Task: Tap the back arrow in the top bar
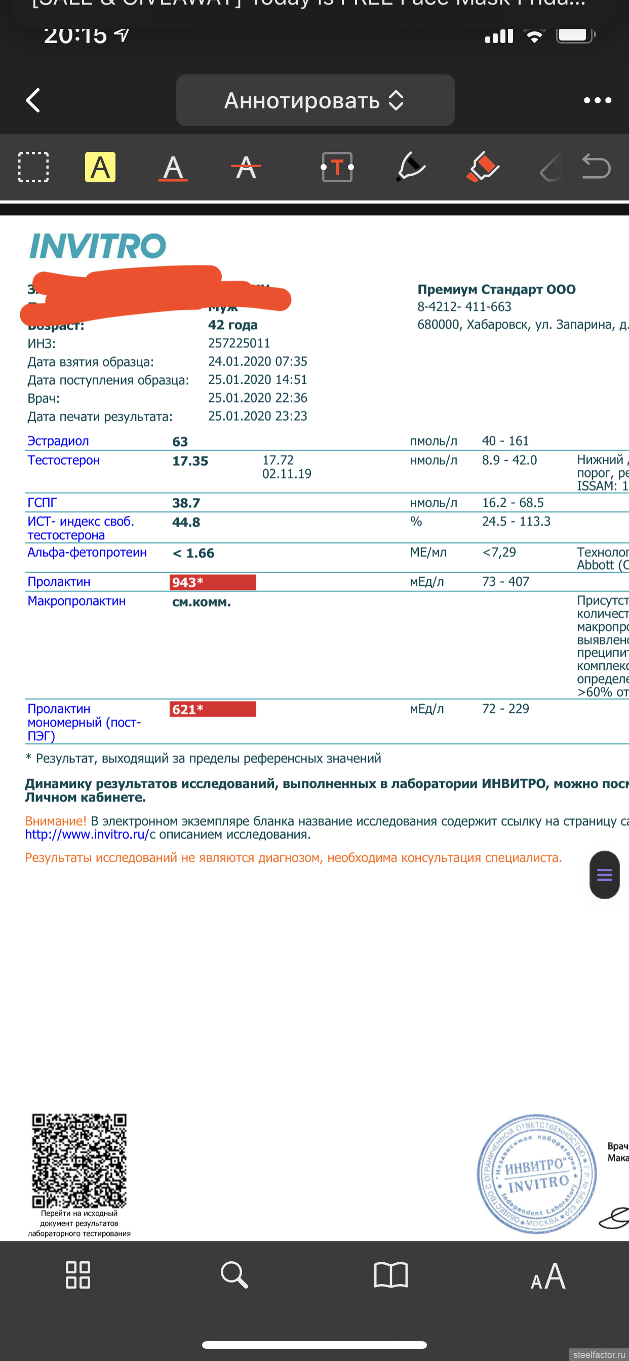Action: point(33,100)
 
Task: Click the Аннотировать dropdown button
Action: point(315,100)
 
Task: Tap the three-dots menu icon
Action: point(597,100)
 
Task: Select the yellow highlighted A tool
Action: point(100,168)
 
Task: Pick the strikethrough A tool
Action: point(246,168)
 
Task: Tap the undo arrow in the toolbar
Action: point(596,167)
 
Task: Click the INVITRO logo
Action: point(97,246)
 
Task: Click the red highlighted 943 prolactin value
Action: point(213,582)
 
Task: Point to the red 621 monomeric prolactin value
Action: point(213,709)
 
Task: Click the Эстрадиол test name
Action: point(58,441)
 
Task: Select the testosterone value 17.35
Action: point(190,461)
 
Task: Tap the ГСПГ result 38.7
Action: point(186,503)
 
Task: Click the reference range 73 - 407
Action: point(505,582)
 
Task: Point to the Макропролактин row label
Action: point(76,601)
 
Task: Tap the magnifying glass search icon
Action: point(234,1275)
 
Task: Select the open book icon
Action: point(390,1275)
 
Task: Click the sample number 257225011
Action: point(239,343)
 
